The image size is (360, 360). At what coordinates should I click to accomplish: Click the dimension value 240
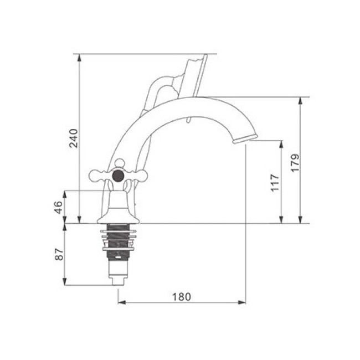tap(74, 138)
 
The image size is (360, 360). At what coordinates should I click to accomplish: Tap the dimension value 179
tap(295, 163)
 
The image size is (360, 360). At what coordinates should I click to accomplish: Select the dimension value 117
tap(275, 183)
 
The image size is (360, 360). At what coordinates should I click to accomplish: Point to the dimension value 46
tap(58, 207)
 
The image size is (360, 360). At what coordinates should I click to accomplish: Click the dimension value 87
tap(59, 254)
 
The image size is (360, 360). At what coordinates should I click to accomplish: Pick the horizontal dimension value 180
tap(182, 297)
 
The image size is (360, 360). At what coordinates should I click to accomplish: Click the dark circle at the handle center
tap(118, 176)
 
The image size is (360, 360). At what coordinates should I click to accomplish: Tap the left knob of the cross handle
tap(97, 176)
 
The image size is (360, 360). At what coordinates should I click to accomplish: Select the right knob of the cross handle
tap(139, 176)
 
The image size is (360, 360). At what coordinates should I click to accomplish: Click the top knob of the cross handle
tap(120, 163)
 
